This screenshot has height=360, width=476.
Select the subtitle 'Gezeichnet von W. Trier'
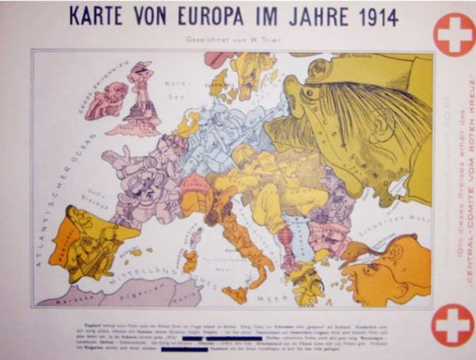pyautogui.click(x=231, y=38)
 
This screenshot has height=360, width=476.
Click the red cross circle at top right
pyautogui.click(x=454, y=34)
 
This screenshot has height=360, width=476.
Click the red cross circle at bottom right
pyautogui.click(x=454, y=325)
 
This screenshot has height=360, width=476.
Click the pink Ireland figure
pyautogui.click(x=106, y=99)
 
